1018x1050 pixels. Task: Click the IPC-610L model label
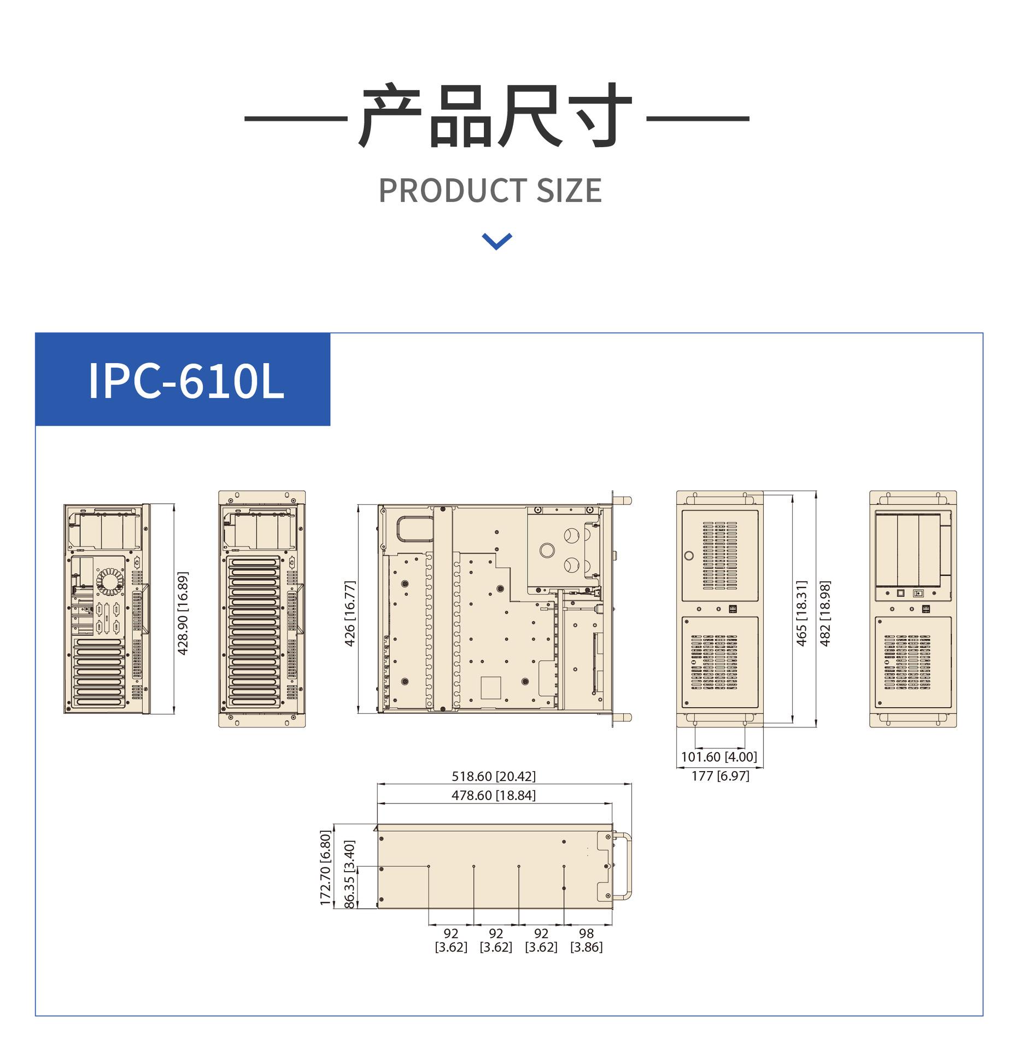[186, 380]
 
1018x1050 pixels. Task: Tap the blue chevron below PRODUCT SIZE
[497, 241]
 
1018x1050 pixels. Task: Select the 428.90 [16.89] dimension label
[183, 613]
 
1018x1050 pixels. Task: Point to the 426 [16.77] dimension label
[350, 613]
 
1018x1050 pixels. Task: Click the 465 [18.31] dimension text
[801, 613]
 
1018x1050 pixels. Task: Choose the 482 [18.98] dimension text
[825, 613]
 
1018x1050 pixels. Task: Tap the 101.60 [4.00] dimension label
[719, 757]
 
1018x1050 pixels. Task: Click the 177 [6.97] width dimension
[720, 775]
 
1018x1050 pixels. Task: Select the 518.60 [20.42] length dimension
[494, 776]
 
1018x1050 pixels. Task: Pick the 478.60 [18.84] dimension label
[494, 795]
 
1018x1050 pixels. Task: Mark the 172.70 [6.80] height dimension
[325, 868]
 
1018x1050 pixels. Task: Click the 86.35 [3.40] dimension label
[350, 874]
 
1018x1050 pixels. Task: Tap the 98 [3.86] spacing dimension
[586, 940]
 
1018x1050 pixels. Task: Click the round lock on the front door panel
[689, 556]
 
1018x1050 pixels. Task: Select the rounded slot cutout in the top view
[415, 529]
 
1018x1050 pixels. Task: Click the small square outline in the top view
[491, 687]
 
